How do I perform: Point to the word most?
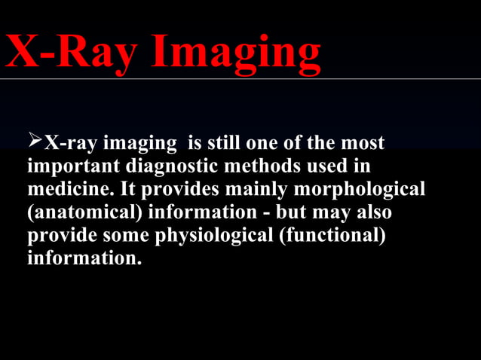pos(363,143)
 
